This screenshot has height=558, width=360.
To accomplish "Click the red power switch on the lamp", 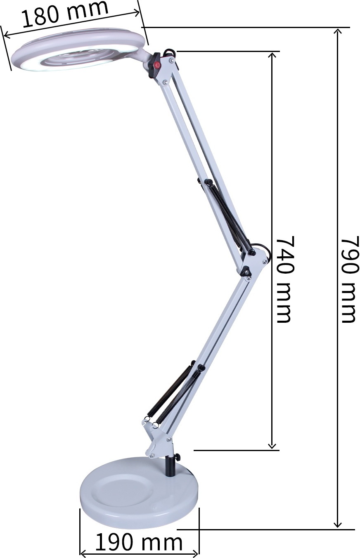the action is [x=156, y=66].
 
